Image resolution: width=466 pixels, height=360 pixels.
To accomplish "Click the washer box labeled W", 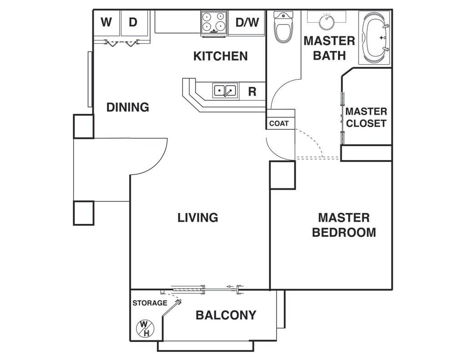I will (106, 23).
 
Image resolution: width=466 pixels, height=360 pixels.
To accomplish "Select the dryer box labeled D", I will (133, 23).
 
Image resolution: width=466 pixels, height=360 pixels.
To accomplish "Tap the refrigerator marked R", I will (252, 91).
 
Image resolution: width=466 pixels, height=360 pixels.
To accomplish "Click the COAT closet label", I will (279, 123).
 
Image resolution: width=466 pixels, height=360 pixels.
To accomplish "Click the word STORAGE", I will (150, 303).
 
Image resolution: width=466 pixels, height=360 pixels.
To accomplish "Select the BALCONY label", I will (226, 315).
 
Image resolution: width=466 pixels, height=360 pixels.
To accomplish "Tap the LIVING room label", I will (198, 218).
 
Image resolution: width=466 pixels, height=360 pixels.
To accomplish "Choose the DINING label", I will (128, 107).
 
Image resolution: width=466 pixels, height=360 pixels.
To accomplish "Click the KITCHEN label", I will (221, 56).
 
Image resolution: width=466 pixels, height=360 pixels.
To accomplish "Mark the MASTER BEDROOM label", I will (344, 225).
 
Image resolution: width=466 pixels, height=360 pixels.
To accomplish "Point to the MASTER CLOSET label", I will (366, 117).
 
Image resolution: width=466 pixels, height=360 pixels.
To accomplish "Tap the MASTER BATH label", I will (329, 48).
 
